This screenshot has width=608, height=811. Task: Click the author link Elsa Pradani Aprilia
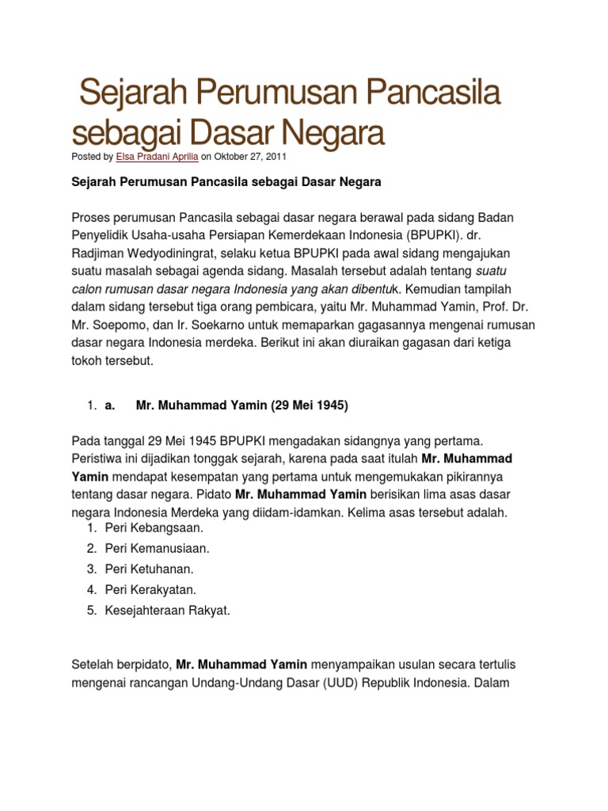(157, 157)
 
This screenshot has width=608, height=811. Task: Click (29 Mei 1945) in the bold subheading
(310, 405)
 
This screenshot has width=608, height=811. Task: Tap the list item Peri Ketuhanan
(149, 569)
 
